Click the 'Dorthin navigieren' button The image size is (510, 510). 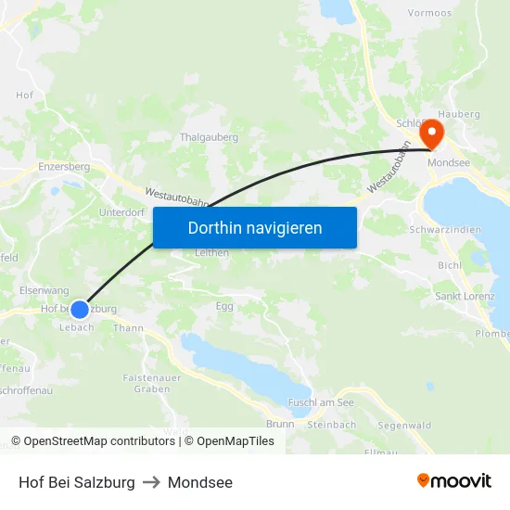(255, 227)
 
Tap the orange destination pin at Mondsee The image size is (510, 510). (431, 135)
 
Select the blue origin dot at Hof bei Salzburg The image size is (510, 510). (80, 309)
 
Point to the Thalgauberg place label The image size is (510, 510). (209, 137)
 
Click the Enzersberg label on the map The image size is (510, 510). (64, 167)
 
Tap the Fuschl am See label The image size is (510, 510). (321, 402)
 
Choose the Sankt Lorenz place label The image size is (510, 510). (465, 297)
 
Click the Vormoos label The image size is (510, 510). (429, 13)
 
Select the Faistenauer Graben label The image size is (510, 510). (151, 383)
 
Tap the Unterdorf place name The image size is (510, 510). (121, 212)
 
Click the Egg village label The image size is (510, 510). (224, 305)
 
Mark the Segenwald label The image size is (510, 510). (404, 426)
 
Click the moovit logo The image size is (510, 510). (454, 481)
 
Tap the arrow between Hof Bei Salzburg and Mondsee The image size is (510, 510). (151, 482)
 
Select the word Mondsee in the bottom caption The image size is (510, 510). (200, 482)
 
